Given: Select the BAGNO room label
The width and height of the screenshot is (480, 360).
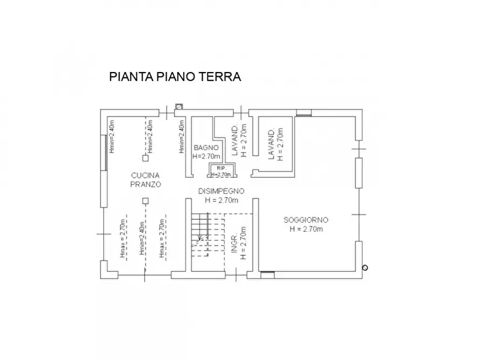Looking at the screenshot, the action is (x=206, y=147).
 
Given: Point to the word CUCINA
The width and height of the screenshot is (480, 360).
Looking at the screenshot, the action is (x=145, y=175).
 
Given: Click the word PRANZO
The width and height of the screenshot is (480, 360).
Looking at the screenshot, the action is (x=145, y=184).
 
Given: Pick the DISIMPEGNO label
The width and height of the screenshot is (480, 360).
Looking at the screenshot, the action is (x=221, y=191).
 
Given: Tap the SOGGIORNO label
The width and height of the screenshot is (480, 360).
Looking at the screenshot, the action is (x=306, y=220).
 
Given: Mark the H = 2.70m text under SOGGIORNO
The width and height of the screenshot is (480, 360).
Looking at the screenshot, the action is (x=306, y=229).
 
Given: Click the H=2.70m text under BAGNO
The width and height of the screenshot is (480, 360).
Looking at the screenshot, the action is (x=206, y=156).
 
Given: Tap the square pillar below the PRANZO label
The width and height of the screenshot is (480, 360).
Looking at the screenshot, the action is (x=145, y=201).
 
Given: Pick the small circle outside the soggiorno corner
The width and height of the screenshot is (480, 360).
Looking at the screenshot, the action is (x=365, y=267).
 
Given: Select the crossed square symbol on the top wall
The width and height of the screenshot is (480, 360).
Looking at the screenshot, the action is (x=179, y=106).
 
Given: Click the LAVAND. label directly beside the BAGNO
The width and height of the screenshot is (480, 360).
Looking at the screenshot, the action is (x=235, y=141).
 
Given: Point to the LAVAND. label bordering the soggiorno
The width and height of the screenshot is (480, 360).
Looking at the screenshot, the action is (x=272, y=144).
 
